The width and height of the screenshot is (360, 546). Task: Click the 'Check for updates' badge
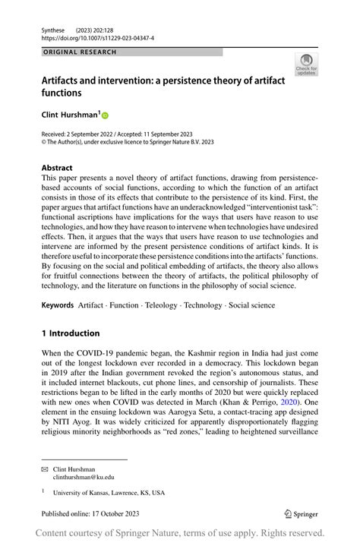click(x=306, y=65)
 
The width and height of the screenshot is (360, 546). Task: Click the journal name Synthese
click(x=54, y=27)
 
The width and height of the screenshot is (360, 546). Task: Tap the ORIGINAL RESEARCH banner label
click(x=80, y=52)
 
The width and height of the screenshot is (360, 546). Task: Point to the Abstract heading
click(x=57, y=168)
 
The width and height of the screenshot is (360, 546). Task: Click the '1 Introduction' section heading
click(x=70, y=333)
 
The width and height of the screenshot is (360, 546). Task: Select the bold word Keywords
click(x=58, y=305)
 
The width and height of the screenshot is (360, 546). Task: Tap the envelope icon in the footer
click(x=45, y=469)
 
